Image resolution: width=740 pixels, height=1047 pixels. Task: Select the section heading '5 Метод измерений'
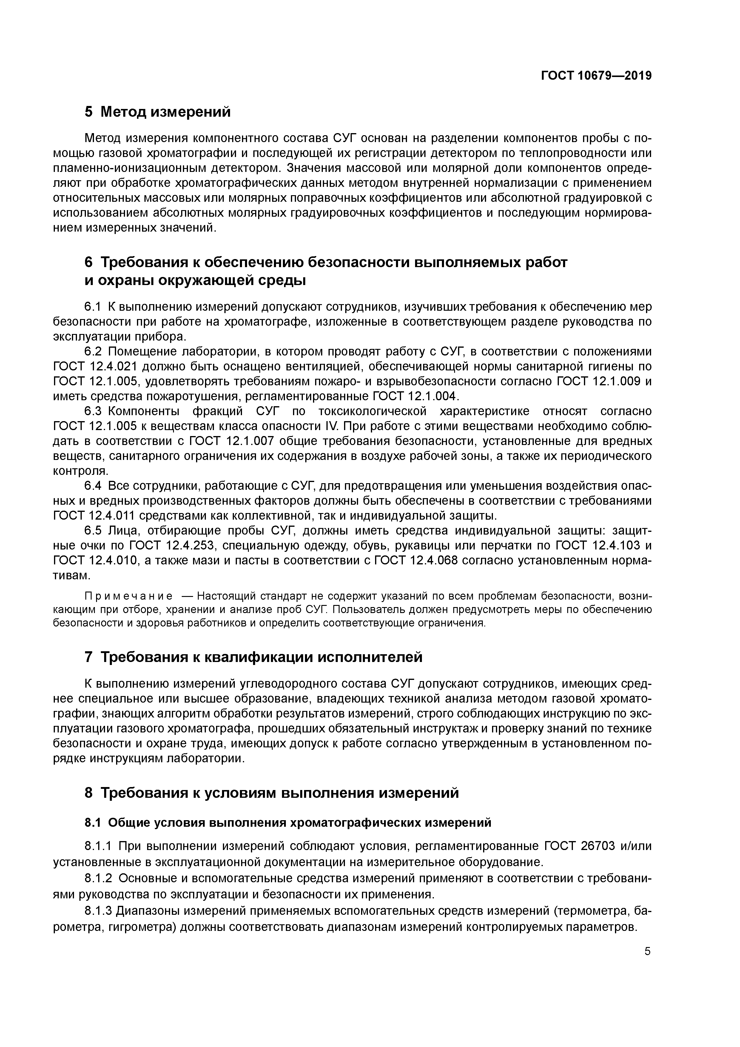tap(158, 112)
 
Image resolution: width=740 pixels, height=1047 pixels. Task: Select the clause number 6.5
tap(93, 530)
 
